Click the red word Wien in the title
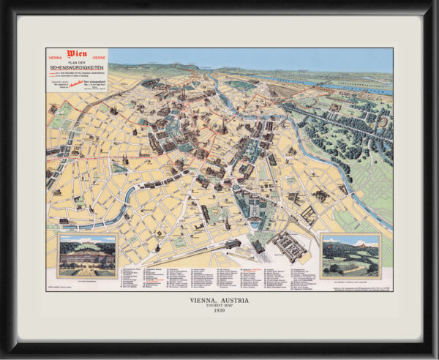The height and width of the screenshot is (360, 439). (77, 53)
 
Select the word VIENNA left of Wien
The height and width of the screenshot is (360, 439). (56, 56)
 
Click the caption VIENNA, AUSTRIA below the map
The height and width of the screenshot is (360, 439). (219, 299)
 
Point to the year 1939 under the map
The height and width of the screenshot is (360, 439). (219, 312)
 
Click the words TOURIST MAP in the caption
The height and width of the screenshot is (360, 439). (219, 306)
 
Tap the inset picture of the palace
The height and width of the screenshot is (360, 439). (87, 255)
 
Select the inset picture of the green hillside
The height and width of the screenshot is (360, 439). (350, 255)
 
